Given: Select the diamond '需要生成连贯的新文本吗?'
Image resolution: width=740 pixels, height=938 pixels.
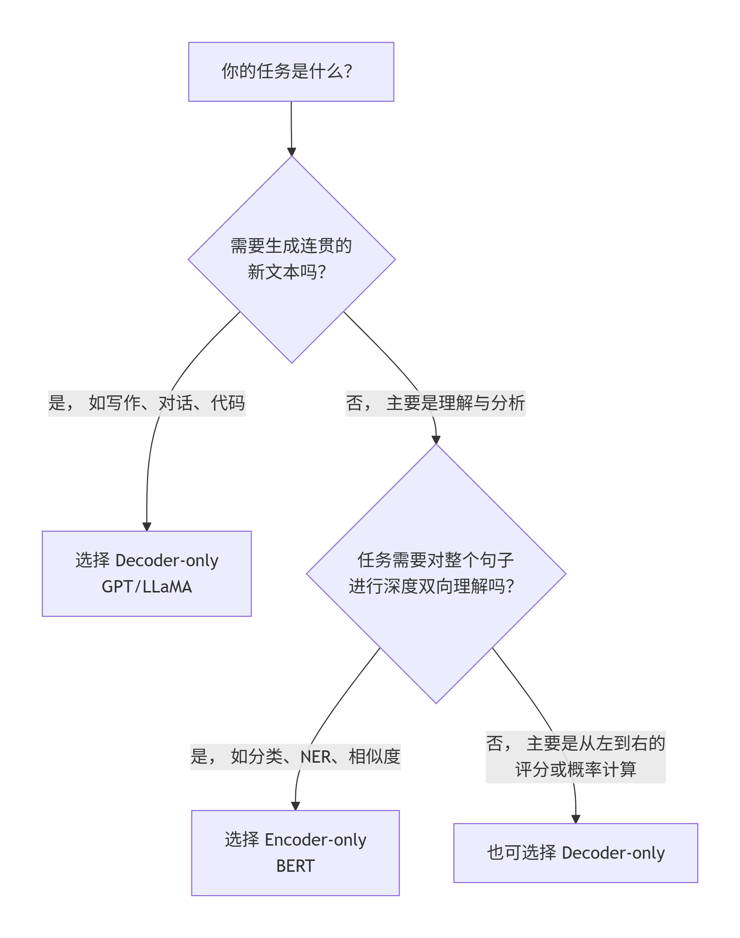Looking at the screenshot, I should point(292,259).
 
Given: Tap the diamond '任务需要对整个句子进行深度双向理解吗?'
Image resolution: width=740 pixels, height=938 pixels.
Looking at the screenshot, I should point(436,573).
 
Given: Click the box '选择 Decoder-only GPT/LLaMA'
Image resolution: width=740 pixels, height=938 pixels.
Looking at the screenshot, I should point(147,573).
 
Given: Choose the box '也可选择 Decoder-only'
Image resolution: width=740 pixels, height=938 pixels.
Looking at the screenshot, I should point(575,853).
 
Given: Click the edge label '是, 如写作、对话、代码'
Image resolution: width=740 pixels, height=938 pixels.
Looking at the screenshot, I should point(147,403).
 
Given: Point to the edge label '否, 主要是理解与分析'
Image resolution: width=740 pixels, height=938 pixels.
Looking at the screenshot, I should point(435,403).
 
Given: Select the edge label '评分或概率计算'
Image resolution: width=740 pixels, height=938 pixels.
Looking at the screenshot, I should point(575,770).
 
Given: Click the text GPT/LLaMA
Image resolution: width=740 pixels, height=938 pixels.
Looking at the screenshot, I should point(147,587).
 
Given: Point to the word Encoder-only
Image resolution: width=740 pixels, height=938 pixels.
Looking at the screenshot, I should point(315,840).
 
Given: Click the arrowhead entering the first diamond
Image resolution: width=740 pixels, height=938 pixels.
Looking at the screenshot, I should point(292,152).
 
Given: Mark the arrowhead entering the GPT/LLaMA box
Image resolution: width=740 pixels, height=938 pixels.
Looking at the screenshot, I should point(147,526).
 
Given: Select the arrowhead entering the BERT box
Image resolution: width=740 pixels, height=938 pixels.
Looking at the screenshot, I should point(296,806).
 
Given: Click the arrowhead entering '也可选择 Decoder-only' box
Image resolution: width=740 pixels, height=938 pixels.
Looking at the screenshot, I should point(575,819).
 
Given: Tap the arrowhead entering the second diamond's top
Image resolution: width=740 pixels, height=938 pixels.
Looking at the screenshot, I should point(436,440).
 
